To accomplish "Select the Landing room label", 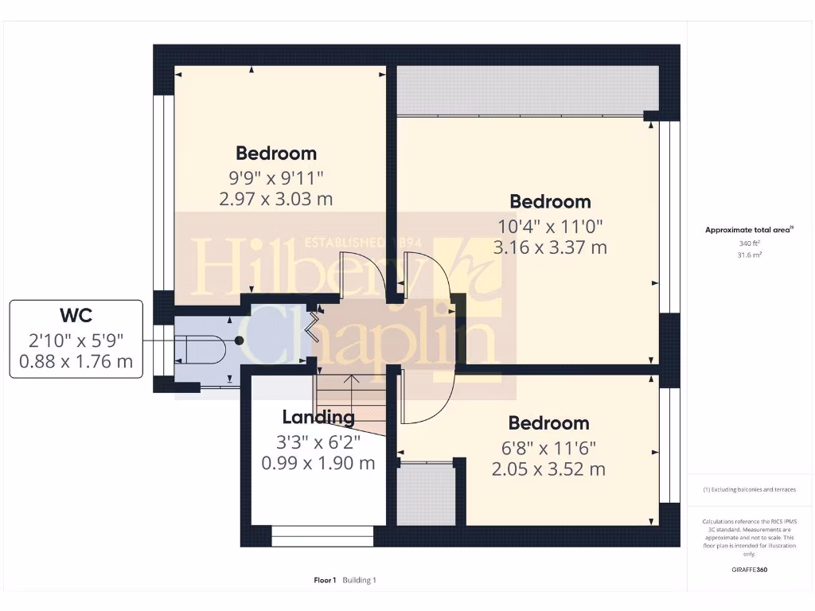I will [318, 417].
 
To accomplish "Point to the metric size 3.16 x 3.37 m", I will [550, 247].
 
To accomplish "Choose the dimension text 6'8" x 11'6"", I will [549, 447].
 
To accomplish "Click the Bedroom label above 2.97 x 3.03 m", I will [276, 153].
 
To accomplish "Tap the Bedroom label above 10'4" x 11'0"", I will [550, 201].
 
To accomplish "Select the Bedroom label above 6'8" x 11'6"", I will [549, 423].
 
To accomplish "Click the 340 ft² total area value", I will [750, 243].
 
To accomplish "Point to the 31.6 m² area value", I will [750, 255].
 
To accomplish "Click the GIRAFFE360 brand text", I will [750, 570].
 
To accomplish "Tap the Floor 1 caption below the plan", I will [325, 581].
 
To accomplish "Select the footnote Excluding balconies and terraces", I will [749, 490].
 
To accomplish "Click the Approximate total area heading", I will [749, 230].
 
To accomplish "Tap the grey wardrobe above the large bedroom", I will [527, 91].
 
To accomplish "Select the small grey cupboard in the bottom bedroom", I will [426, 493].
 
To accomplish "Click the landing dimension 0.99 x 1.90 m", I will [318, 463].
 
